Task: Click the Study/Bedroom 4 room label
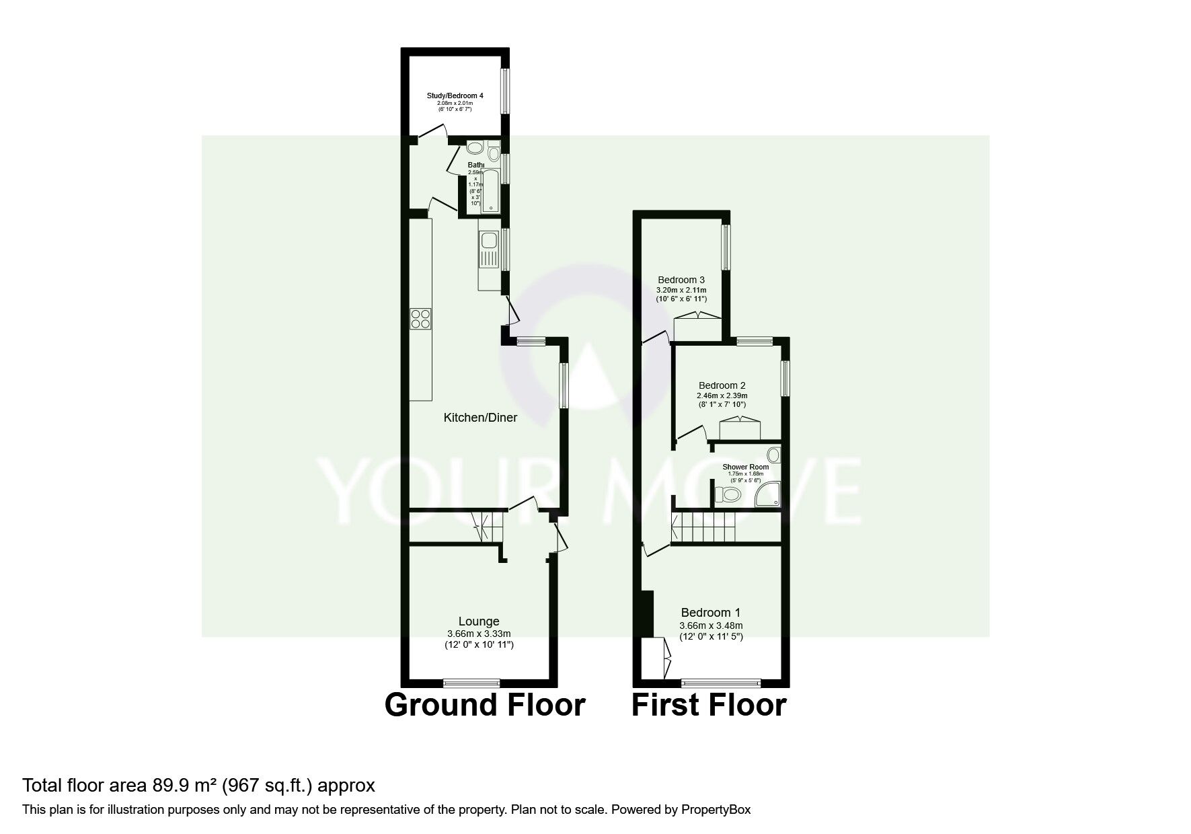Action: (x=455, y=96)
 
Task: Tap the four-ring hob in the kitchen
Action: (x=421, y=318)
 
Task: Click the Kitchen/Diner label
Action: (x=480, y=418)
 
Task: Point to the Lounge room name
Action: (x=479, y=621)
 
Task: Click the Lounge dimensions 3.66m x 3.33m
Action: (x=479, y=634)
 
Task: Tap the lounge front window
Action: (x=471, y=683)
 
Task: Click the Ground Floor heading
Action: (x=484, y=705)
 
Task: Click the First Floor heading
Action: (x=709, y=705)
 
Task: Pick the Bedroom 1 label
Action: (x=711, y=613)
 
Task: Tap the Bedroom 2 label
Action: (x=722, y=385)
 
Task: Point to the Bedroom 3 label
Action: (x=681, y=280)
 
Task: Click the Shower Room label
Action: (x=745, y=467)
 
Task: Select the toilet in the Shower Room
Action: (x=728, y=496)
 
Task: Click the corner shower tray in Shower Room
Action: (x=767, y=495)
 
